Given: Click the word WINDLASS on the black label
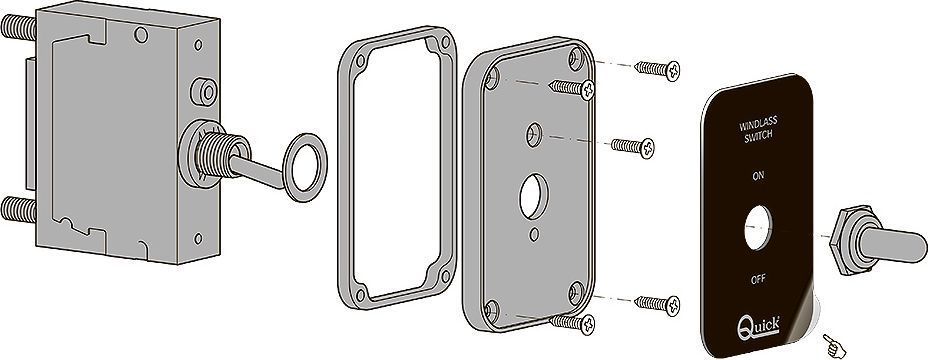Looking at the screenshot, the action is tap(758, 126).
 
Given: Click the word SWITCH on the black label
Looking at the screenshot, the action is tap(758, 138).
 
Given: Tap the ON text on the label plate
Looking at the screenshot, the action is tap(758, 176).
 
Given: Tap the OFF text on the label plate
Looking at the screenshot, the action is tap(758, 280).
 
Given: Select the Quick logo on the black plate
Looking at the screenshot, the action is tap(758, 327).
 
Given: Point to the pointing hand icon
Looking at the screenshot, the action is tap(834, 346).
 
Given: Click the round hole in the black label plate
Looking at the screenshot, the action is tap(758, 228).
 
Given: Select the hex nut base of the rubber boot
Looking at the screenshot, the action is tap(842, 240).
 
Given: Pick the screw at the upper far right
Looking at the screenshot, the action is tap(658, 70).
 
